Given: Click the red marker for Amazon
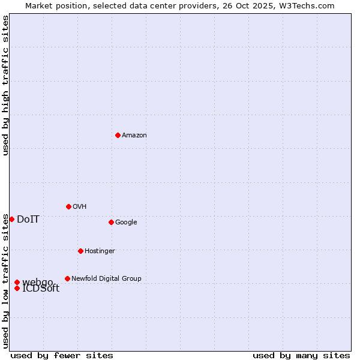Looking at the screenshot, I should click(x=118, y=135).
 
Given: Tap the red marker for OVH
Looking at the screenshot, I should click(x=68, y=206).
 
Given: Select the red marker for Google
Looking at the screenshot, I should click(x=111, y=222).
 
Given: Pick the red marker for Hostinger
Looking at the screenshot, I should click(x=80, y=251).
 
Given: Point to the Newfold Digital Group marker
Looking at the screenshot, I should click(x=67, y=278).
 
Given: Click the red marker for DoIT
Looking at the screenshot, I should click(x=11, y=219).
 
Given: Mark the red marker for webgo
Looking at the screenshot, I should click(x=17, y=282).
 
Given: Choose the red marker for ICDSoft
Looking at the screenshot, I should click(x=17, y=288).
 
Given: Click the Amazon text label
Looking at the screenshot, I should click(x=134, y=135).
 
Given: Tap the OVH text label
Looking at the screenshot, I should click(x=79, y=206).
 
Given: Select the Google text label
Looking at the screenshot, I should click(x=126, y=222).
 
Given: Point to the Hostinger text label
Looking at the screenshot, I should click(x=100, y=251).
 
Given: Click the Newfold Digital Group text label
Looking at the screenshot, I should click(x=106, y=278).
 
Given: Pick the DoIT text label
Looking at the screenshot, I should click(x=28, y=219).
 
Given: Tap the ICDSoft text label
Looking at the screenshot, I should click(x=41, y=289).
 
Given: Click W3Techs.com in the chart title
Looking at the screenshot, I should click(x=307, y=5).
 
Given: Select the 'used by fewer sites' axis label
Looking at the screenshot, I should click(x=62, y=355).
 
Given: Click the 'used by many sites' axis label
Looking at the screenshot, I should click(x=301, y=355).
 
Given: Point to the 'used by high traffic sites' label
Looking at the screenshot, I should click(x=5, y=85).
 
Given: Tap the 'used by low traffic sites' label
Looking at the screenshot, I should click(x=5, y=281).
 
